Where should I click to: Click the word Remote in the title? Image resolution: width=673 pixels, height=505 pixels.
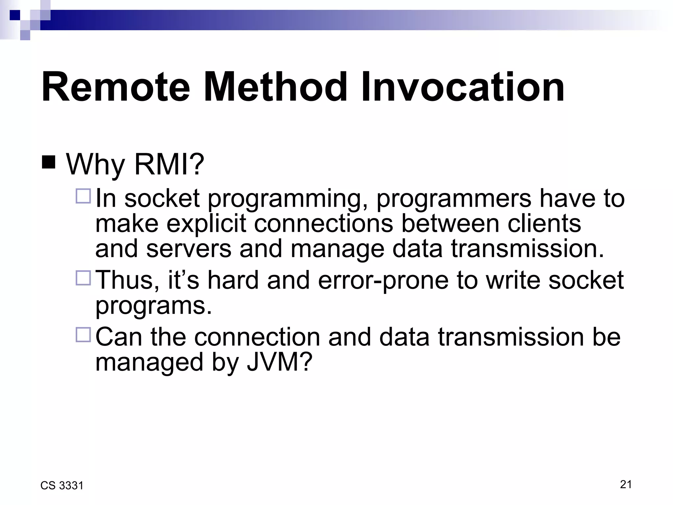(116, 87)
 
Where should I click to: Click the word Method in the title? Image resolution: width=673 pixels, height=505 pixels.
(275, 87)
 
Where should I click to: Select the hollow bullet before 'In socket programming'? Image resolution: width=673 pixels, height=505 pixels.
(83, 196)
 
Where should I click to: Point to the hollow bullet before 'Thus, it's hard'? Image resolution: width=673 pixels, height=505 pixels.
(83, 277)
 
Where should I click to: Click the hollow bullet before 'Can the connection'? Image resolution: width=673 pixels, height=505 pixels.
(83, 335)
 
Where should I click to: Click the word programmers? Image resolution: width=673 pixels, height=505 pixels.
(454, 199)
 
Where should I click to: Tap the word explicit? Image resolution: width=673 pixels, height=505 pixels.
(206, 224)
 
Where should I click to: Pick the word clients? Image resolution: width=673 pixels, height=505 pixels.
(544, 224)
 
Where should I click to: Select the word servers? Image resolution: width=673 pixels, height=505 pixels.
(189, 249)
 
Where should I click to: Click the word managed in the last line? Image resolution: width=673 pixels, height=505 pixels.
(149, 363)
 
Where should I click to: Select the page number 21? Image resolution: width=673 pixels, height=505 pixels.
(626, 484)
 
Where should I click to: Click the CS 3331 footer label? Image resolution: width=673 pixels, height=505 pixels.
(62, 486)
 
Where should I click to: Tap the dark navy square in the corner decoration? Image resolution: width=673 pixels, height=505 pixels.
(15, 15)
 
